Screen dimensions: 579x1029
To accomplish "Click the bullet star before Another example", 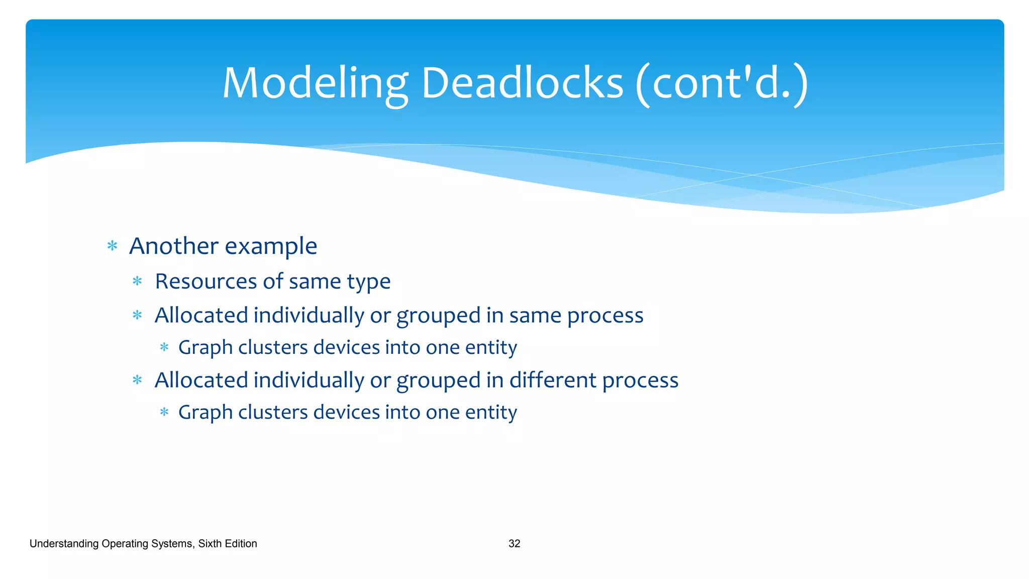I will click(113, 246).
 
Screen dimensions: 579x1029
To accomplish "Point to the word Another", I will click(174, 246).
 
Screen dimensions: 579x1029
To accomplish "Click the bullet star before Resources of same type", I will click(137, 281).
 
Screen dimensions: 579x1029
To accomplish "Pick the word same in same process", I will click(535, 316).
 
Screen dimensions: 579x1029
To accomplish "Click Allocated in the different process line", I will click(201, 380).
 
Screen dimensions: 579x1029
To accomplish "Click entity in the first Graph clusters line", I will click(491, 348).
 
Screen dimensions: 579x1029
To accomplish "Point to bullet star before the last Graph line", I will click(164, 413).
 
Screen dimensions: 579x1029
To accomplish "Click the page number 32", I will click(514, 544).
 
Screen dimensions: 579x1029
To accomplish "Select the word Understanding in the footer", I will click(64, 544).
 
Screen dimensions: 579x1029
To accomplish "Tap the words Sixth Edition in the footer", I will click(228, 544).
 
